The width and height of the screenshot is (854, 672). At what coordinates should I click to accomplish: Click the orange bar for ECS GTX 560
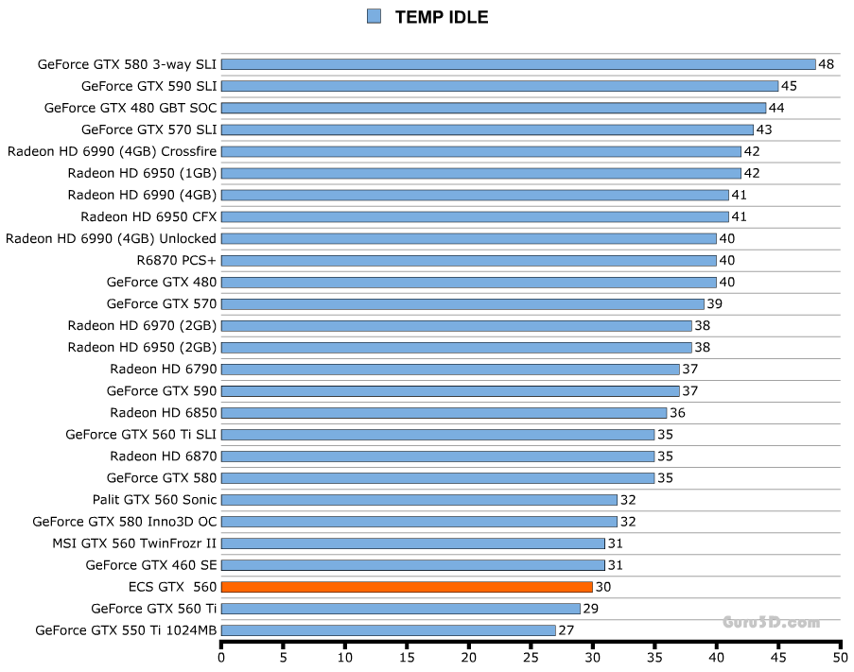pyautogui.click(x=407, y=587)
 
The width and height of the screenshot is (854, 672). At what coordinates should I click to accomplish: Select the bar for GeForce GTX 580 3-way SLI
pyautogui.click(x=518, y=64)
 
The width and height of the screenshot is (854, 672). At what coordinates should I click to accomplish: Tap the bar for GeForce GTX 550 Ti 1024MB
pyautogui.click(x=388, y=630)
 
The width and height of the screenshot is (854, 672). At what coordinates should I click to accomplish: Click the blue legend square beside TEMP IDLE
pyautogui.click(x=374, y=16)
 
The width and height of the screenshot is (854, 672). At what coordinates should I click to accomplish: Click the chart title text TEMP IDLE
pyautogui.click(x=441, y=17)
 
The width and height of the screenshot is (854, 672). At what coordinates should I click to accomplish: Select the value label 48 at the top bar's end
pyautogui.click(x=826, y=64)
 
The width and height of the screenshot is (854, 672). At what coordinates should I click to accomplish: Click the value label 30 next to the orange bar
pyautogui.click(x=602, y=587)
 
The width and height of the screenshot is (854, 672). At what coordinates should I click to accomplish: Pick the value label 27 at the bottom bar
pyautogui.click(x=566, y=630)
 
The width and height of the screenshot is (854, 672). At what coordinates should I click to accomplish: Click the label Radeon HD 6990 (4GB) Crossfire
pyautogui.click(x=112, y=151)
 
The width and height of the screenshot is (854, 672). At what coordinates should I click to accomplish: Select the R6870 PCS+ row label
pyautogui.click(x=177, y=260)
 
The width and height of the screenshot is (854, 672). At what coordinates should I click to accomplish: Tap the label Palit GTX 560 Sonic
pyautogui.click(x=154, y=499)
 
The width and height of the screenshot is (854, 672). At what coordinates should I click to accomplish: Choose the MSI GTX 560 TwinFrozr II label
pyautogui.click(x=134, y=543)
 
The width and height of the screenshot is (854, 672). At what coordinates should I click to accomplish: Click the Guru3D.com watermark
pyautogui.click(x=771, y=622)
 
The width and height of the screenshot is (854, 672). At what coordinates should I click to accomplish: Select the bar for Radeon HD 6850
pyautogui.click(x=444, y=413)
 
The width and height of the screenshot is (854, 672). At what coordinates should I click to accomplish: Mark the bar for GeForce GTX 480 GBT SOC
pyautogui.click(x=494, y=108)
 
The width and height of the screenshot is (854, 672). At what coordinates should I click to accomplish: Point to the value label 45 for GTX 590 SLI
pyautogui.click(x=789, y=86)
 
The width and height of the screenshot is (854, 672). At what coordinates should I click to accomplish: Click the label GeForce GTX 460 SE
pyautogui.click(x=151, y=565)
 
